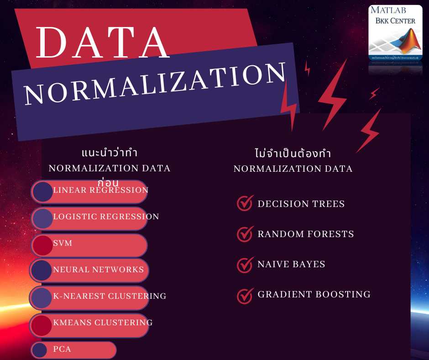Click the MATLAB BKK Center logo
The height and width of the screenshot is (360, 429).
(395, 35)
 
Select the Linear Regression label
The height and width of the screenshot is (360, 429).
(101, 190)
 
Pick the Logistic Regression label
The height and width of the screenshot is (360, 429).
(106, 217)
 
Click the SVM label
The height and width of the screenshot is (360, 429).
(63, 243)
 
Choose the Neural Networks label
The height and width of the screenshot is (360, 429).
(98, 270)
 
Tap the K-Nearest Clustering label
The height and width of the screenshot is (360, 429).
(110, 296)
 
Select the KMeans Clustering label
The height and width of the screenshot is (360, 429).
(103, 323)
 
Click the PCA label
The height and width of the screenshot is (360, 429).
(62, 349)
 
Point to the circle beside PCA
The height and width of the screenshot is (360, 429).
(40, 350)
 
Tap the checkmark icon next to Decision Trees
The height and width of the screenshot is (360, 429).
(245, 203)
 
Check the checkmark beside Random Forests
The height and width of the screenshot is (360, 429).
(245, 233)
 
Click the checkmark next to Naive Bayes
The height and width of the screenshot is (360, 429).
(245, 264)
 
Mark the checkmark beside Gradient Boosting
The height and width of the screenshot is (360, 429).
(245, 295)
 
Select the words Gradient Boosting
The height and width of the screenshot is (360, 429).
(314, 294)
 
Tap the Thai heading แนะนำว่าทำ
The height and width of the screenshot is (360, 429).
(109, 152)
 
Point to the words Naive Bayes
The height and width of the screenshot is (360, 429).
(291, 264)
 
